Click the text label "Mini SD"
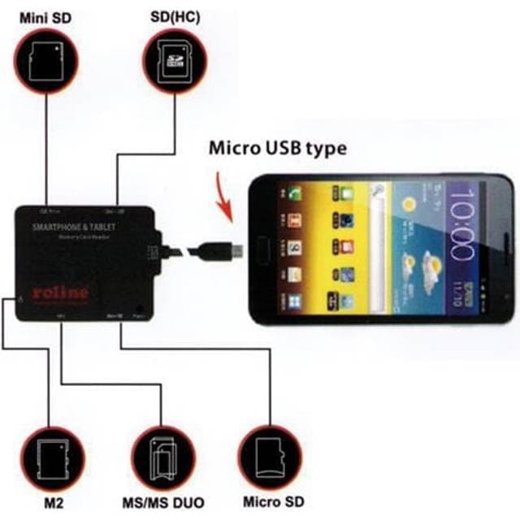tap(45, 15)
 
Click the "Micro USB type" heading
tap(278, 149)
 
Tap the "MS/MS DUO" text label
tap(162, 503)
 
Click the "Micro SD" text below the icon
tap(273, 503)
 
